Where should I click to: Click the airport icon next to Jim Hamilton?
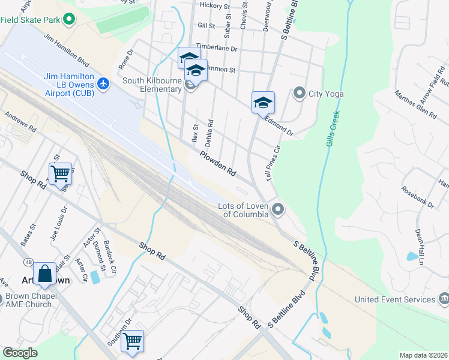(104, 83)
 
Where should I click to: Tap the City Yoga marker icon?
(299, 93)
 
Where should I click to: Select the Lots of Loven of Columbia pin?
(277, 209)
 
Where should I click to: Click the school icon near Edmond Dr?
(263, 103)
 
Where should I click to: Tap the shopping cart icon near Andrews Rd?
(60, 174)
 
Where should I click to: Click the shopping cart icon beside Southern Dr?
(133, 341)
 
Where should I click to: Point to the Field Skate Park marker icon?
(69, 19)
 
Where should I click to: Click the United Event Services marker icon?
(444, 299)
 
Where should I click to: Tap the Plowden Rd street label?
(218, 163)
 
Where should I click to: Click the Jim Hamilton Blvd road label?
(71, 53)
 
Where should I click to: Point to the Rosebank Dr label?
(417, 196)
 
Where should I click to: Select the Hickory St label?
(215, 5)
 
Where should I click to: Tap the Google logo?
(20, 353)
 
